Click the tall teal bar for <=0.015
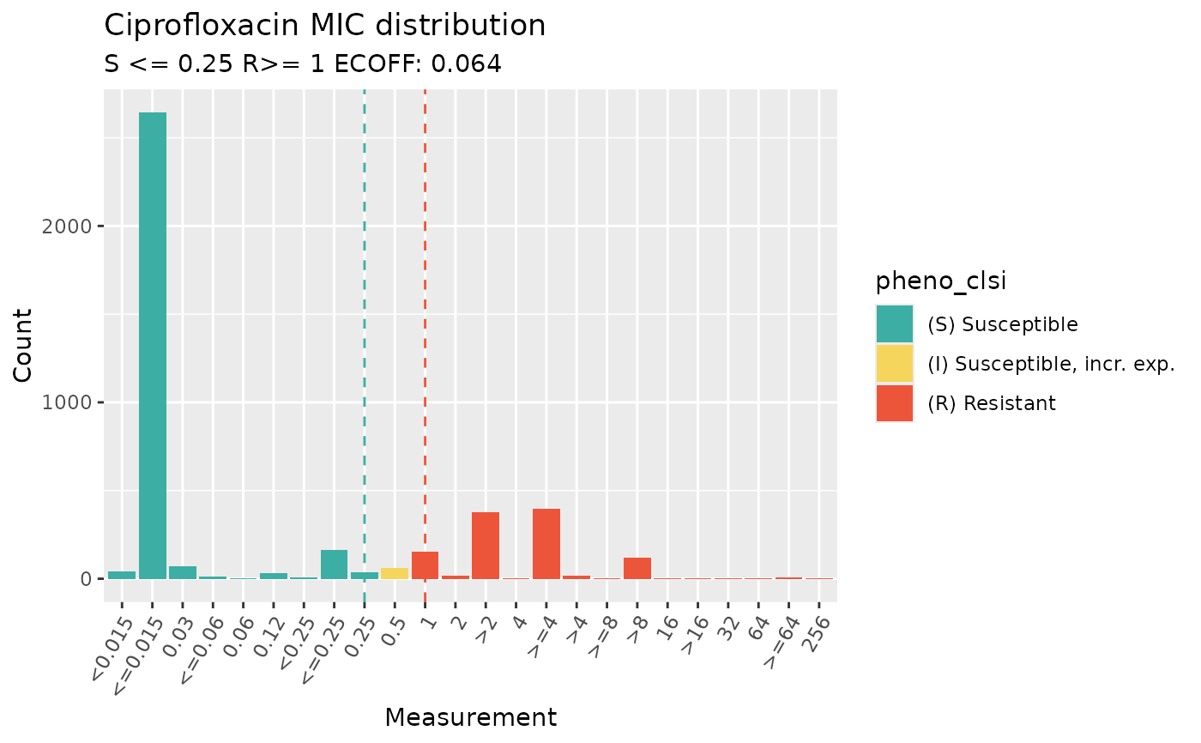[x=153, y=343]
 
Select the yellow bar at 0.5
[x=395, y=573]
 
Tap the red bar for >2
[x=486, y=546]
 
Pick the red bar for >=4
[x=546, y=544]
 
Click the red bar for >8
[x=637, y=568]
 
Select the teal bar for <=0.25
[x=334, y=565]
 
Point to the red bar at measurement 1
[x=425, y=565]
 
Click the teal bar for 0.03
[x=183, y=572]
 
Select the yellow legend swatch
[x=895, y=364]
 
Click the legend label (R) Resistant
[x=992, y=403]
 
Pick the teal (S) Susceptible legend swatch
[x=895, y=324]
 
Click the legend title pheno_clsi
[x=940, y=281]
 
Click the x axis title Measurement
[x=470, y=717]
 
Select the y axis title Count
[x=25, y=345]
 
